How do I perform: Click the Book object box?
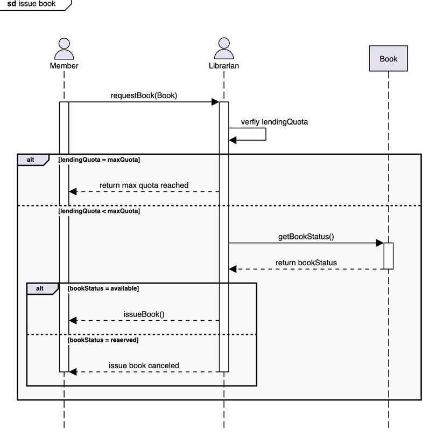pyautogui.click(x=388, y=58)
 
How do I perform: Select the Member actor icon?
pyautogui.click(x=64, y=49)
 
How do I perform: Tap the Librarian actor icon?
pyautogui.click(x=224, y=49)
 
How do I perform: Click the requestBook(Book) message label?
pyautogui.click(x=144, y=96)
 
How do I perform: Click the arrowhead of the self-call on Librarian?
pyautogui.click(x=232, y=140)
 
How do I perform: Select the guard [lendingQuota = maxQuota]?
pyautogui.click(x=99, y=160)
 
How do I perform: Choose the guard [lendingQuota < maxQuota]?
pyautogui.click(x=99, y=211)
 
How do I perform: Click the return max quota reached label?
pyautogui.click(x=144, y=185)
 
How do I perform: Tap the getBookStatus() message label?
pyautogui.click(x=306, y=237)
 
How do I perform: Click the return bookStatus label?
pyautogui.click(x=306, y=263)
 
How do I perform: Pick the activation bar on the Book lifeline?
pyautogui.click(x=389, y=256)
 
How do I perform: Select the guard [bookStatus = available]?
pyautogui.click(x=103, y=288)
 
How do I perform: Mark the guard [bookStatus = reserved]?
pyautogui.click(x=103, y=340)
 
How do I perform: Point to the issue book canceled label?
pyautogui.click(x=144, y=366)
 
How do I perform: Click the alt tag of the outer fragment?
pyautogui.click(x=31, y=160)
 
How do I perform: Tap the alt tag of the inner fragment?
pyautogui.click(x=40, y=288)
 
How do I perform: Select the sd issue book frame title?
pyautogui.click(x=31, y=4)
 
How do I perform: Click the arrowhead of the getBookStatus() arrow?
pyautogui.click(x=379, y=243)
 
